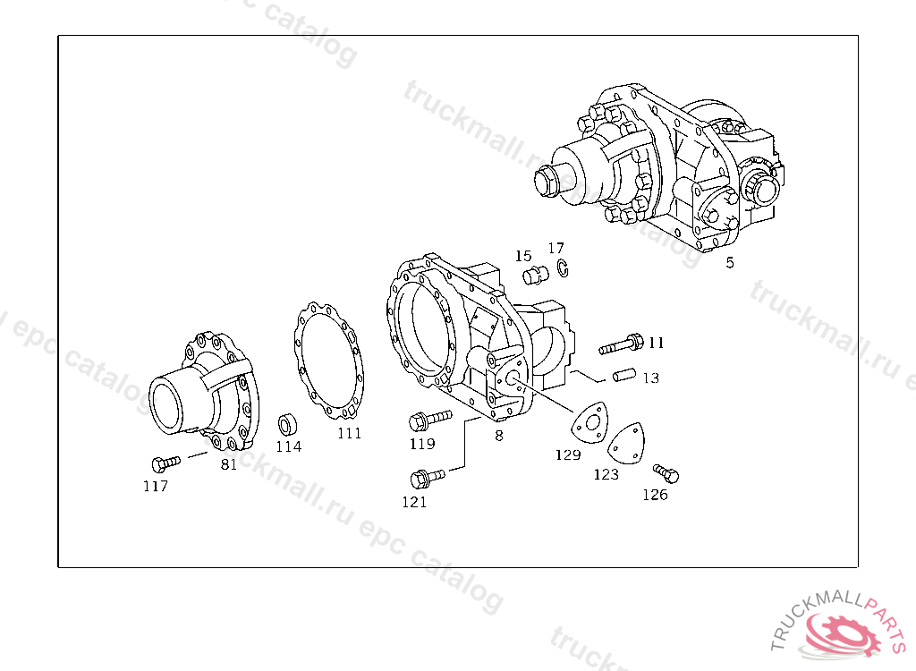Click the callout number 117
156,486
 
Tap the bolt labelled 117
165,463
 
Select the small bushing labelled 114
287,425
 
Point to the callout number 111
350,433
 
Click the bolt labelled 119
430,420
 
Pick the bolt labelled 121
428,479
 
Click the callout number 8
499,436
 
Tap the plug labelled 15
535,274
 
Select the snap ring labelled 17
563,268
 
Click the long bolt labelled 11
622,344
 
